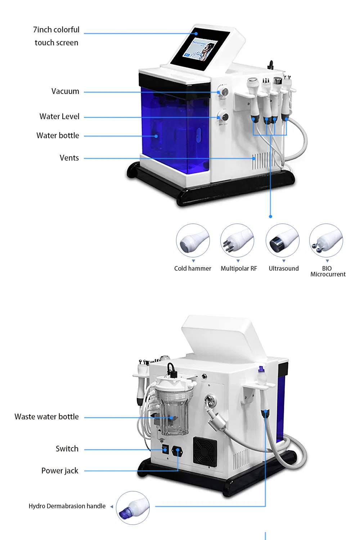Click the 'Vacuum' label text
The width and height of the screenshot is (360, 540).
[x=65, y=91]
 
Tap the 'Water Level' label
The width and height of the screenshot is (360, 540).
[x=59, y=116]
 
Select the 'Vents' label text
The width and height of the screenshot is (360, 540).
[x=69, y=158]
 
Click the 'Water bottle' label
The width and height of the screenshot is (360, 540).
[x=58, y=135]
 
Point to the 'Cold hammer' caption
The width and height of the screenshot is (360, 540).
[x=193, y=269]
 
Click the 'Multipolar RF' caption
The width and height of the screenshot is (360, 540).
[x=239, y=269]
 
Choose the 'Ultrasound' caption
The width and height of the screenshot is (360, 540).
[x=284, y=269]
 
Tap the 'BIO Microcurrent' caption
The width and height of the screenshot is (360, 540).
[x=328, y=271]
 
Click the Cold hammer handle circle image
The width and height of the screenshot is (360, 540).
[x=193, y=240]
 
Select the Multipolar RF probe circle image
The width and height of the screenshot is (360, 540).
[x=237, y=240]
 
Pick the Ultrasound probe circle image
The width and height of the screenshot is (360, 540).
[x=282, y=240]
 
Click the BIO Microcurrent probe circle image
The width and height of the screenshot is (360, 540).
[x=326, y=240]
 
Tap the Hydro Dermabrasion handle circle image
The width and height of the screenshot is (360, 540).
[x=133, y=508]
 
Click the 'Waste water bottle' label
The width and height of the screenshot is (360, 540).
[x=46, y=417]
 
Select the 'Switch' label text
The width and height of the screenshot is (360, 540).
[x=67, y=449]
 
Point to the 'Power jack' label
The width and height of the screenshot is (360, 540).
[x=60, y=471]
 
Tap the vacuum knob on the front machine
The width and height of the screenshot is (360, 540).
[x=225, y=91]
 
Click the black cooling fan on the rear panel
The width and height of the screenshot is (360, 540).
[x=205, y=451]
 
